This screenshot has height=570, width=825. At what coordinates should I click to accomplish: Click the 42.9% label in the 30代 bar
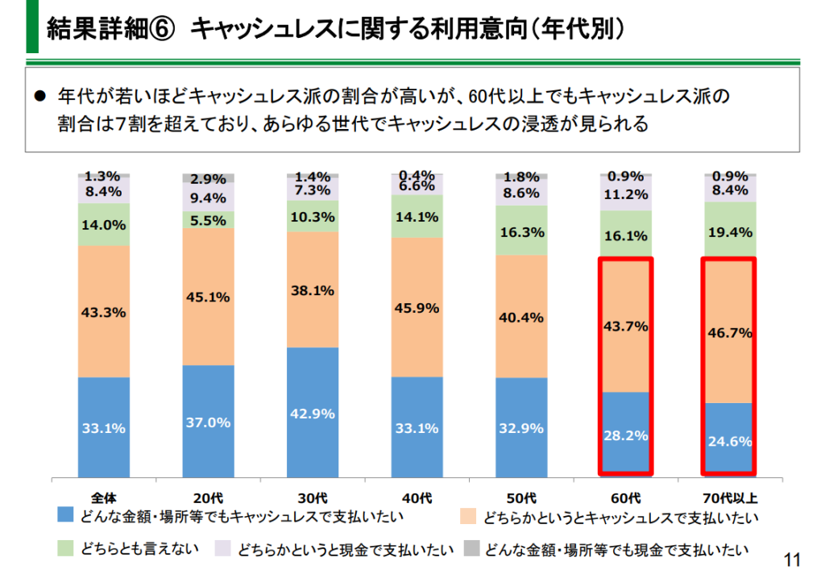312,413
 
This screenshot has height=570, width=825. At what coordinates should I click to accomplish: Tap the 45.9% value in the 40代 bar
417,307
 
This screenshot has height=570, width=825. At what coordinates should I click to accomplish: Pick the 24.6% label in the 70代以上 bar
729,441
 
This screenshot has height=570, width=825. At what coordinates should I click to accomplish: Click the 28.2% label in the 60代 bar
624,435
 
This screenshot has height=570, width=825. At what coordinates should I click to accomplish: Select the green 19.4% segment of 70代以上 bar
729,232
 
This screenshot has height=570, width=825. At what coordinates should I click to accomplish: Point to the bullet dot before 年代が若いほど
39,96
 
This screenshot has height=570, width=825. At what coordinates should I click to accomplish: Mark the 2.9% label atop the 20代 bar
208,178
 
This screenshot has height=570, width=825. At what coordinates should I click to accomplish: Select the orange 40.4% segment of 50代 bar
521,316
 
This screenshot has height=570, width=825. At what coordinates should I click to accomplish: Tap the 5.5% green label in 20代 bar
208,219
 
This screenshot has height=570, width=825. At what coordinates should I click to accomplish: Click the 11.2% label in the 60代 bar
624,194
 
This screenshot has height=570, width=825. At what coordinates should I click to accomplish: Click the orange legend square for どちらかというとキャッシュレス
469,515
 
